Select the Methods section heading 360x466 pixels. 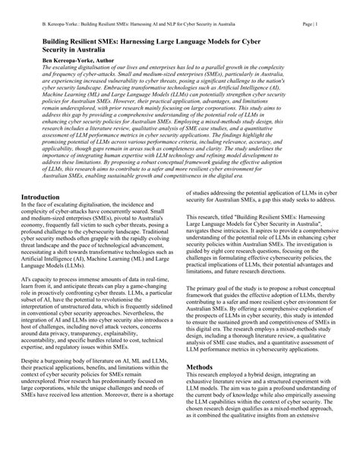(x=201, y=409)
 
